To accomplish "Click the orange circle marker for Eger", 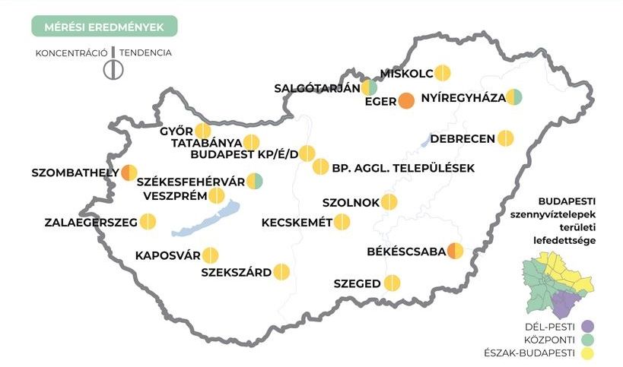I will click(x=406, y=101).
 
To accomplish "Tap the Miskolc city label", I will click(x=407, y=73).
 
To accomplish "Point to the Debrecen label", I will click(x=462, y=139).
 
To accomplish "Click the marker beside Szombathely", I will click(x=130, y=172).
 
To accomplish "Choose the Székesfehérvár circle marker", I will click(x=255, y=182).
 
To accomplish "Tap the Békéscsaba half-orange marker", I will click(x=456, y=251).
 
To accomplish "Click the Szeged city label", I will click(x=357, y=284).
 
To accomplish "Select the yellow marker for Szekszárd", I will click(x=281, y=271).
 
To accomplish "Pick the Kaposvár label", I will click(x=167, y=255).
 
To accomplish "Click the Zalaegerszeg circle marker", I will click(x=148, y=222).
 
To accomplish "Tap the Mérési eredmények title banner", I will click(x=104, y=26).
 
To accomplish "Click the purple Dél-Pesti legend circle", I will click(x=586, y=327).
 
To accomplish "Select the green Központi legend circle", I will click(x=586, y=340).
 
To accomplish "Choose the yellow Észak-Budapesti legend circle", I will click(x=586, y=353).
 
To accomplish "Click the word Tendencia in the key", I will click(x=145, y=53).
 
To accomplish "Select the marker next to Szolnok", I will click(x=389, y=202).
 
